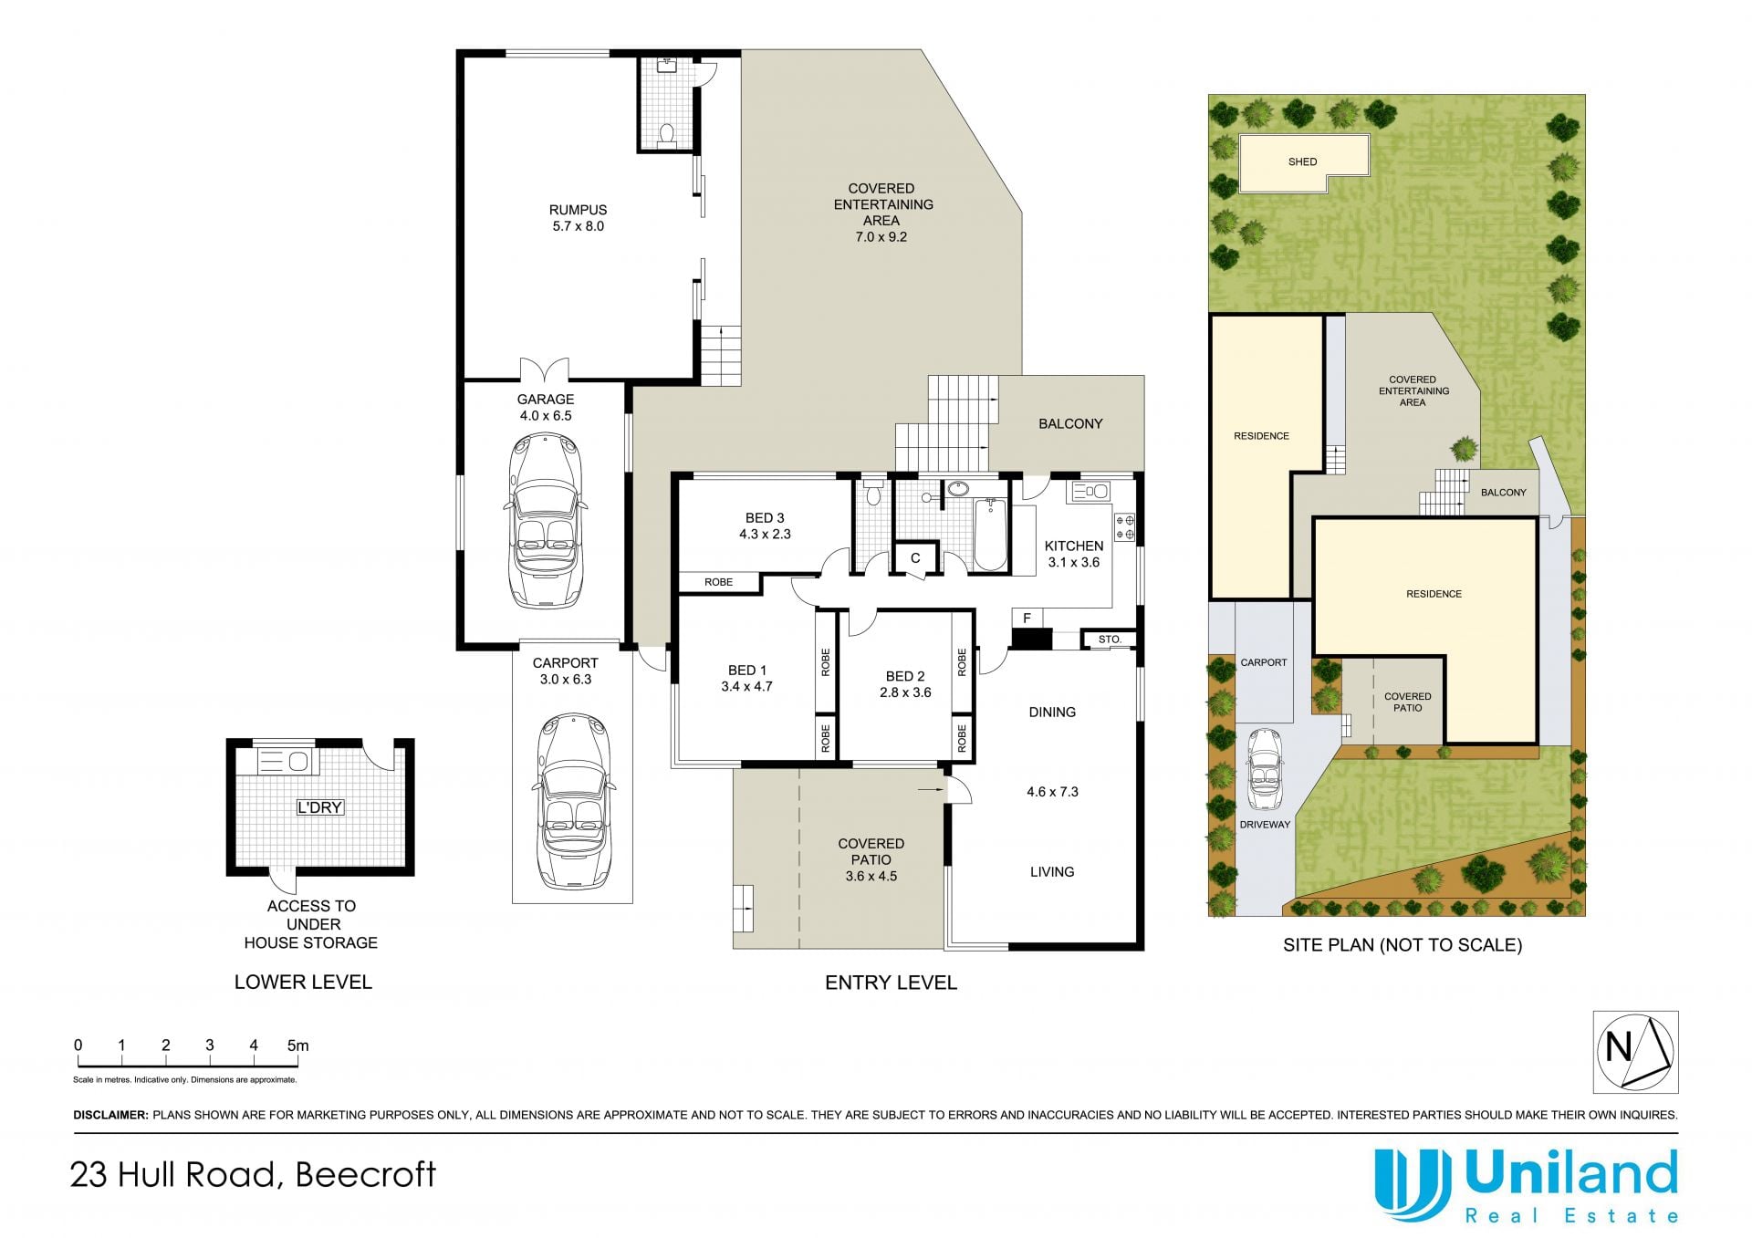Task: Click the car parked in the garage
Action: pyautogui.click(x=545, y=521)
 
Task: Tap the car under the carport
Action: pyautogui.click(x=572, y=801)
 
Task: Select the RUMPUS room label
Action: pyautogui.click(x=578, y=210)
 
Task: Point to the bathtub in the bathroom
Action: pyautogui.click(x=990, y=535)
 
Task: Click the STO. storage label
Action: pyautogui.click(x=1110, y=640)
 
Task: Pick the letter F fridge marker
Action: pyautogui.click(x=1027, y=619)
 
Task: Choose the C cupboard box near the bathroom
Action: pyautogui.click(x=915, y=558)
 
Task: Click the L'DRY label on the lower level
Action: pyautogui.click(x=319, y=807)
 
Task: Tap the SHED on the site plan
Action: pyautogui.click(x=1304, y=163)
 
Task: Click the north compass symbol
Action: pyautogui.click(x=1635, y=1052)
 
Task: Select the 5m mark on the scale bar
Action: pyautogui.click(x=297, y=1046)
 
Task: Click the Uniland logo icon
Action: pyautogui.click(x=1413, y=1184)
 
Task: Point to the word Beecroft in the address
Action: pyautogui.click(x=366, y=1174)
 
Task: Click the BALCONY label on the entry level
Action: pyautogui.click(x=1070, y=424)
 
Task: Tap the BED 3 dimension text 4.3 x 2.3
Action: pyautogui.click(x=765, y=535)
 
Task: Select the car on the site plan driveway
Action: pyautogui.click(x=1265, y=769)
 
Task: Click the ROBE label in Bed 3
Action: pyautogui.click(x=719, y=582)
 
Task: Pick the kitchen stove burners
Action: pyautogui.click(x=1125, y=526)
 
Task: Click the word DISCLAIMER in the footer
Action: pyautogui.click(x=110, y=1115)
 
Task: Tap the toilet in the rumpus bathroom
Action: pyautogui.click(x=666, y=136)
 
